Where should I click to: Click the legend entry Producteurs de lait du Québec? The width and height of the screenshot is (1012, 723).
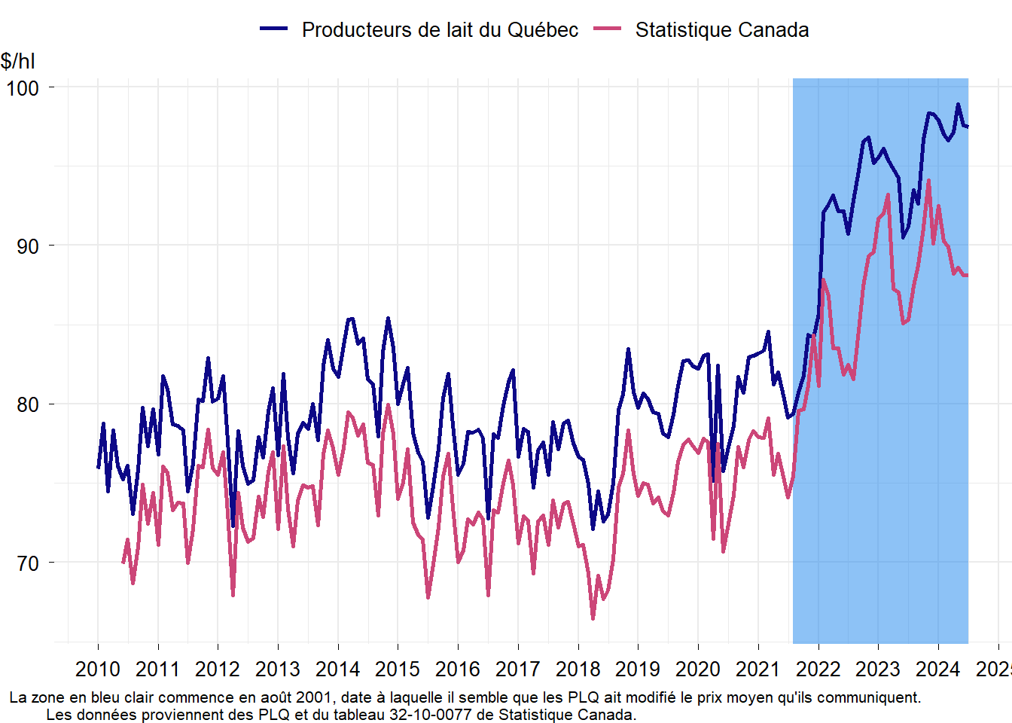[440, 30]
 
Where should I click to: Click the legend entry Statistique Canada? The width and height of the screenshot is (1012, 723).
[721, 30]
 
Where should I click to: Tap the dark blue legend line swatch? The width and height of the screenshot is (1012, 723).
[274, 29]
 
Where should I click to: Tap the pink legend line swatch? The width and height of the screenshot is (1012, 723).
[608, 29]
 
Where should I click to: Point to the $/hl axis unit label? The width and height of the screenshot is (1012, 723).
[18, 61]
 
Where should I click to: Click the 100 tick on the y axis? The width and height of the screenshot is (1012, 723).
[23, 87]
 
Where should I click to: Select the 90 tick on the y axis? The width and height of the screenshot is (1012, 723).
[28, 246]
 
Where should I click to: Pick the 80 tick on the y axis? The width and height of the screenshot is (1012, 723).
[28, 404]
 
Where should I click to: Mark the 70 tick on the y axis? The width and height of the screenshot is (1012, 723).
[28, 563]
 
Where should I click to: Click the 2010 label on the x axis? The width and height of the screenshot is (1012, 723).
[98, 669]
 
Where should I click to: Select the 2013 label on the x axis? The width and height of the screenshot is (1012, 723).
[278, 669]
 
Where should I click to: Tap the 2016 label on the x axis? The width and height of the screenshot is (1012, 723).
[458, 669]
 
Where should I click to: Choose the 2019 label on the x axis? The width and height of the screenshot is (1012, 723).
[638, 669]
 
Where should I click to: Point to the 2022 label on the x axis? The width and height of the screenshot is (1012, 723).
[818, 669]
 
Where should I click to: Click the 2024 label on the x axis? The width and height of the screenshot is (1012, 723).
[938, 669]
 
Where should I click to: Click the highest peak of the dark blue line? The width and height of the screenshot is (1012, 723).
[959, 105]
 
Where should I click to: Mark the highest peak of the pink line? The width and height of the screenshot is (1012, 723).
[928, 181]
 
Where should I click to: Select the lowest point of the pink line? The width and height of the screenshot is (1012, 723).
[593, 618]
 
